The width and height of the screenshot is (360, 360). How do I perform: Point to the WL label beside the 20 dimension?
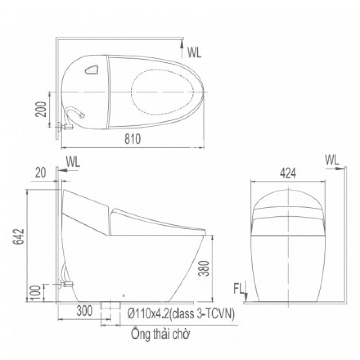[x=73, y=162]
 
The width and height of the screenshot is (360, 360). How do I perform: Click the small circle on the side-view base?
[x=124, y=296]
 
